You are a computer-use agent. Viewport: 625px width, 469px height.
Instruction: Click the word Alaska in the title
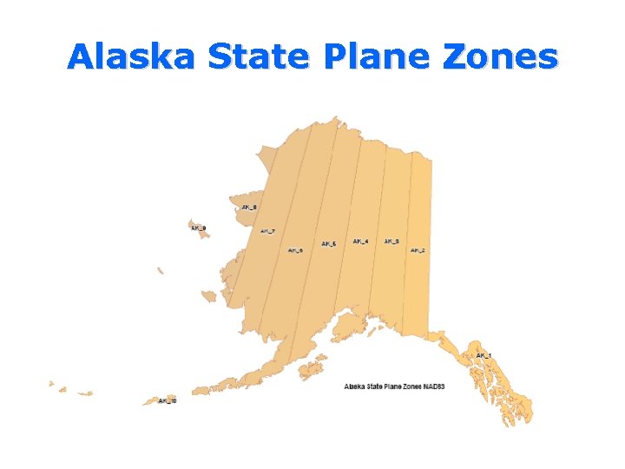click(134, 56)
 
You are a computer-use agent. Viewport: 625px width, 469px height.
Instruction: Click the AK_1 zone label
click(484, 355)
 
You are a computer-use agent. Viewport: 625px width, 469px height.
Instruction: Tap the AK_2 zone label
click(418, 250)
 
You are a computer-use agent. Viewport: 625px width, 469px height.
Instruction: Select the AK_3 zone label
click(391, 241)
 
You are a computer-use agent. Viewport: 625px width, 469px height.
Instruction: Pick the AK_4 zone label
click(360, 241)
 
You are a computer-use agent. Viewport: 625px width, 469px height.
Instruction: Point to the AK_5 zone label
click(328, 244)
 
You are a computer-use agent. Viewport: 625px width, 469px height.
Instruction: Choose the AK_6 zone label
click(296, 250)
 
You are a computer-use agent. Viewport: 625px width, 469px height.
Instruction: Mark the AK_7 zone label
click(267, 231)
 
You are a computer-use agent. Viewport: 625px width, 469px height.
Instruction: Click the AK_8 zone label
click(249, 207)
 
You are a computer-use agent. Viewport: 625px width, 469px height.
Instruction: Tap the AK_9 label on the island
click(198, 228)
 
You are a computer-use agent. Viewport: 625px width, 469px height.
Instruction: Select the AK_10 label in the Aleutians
click(167, 401)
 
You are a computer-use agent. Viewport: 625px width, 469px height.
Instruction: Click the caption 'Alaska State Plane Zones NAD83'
click(394, 386)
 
